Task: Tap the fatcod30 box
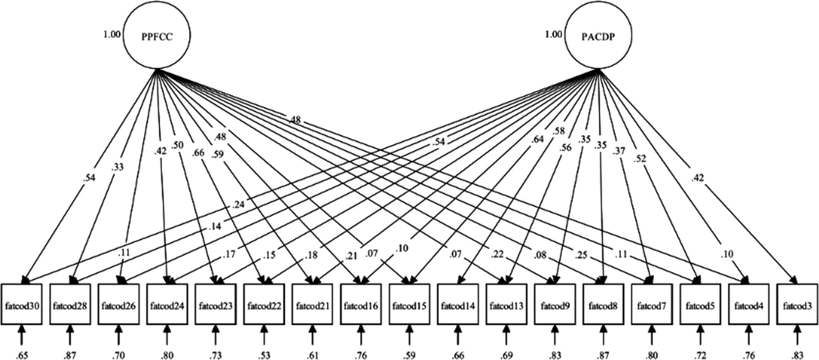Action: (x=21, y=305)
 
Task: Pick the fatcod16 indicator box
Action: (x=361, y=305)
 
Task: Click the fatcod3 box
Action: (x=797, y=305)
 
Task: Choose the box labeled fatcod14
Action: (x=458, y=305)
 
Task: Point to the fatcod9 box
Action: (x=555, y=305)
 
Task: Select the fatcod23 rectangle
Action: (x=215, y=305)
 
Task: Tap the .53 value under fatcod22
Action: (x=264, y=355)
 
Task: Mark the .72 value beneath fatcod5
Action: (x=700, y=355)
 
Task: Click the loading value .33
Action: (x=118, y=167)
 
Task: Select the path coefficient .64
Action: (x=537, y=139)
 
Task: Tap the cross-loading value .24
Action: (x=238, y=205)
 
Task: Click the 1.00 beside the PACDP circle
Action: (x=554, y=34)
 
